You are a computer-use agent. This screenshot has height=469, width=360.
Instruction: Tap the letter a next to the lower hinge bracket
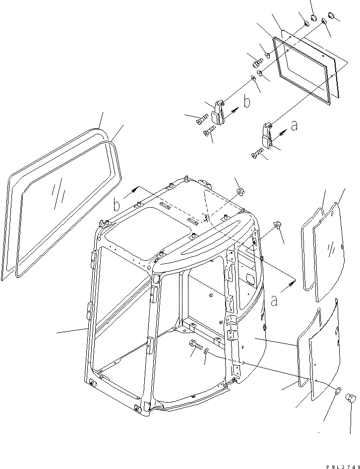[x=294, y=126]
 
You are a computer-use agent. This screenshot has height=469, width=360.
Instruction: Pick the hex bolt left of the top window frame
[x=257, y=63]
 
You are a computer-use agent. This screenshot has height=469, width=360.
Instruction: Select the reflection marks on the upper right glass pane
[x=331, y=246]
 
